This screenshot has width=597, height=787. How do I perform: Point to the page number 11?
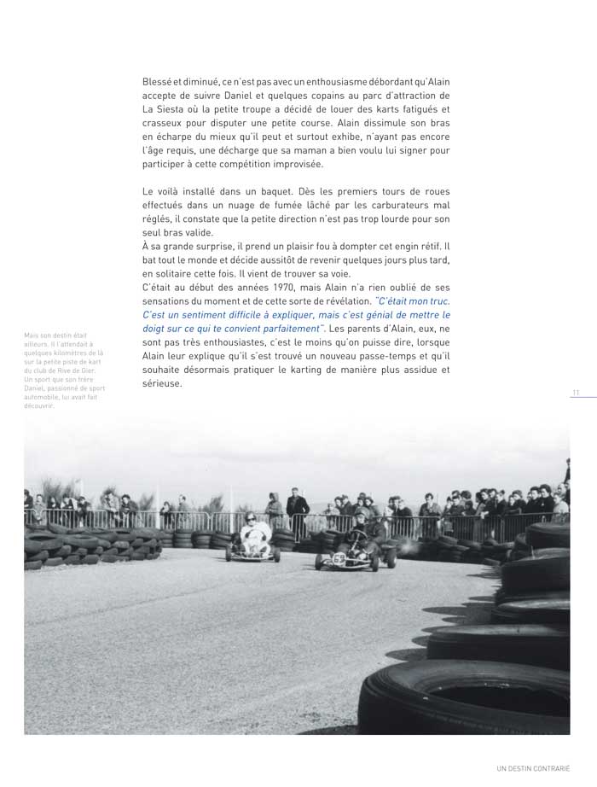[576, 393]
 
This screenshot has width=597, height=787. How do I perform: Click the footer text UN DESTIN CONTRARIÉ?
[533, 767]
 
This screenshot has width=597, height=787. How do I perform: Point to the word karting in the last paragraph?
[310, 370]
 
